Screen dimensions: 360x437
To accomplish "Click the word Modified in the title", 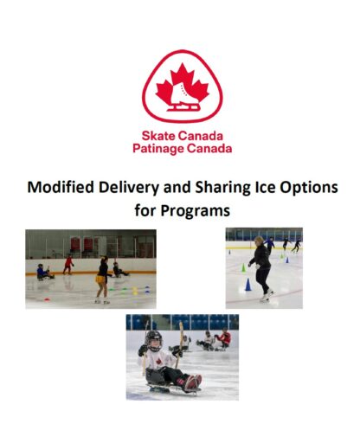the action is [x=61, y=188].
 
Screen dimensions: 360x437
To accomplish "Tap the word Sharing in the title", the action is [x=222, y=189].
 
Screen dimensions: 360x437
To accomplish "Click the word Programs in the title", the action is [x=196, y=211].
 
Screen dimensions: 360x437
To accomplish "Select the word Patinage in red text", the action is [x=158, y=149].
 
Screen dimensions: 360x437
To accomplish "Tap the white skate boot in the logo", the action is [x=183, y=95].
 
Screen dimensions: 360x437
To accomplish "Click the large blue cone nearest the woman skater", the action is [x=247, y=285].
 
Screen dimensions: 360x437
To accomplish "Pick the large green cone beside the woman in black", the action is [x=244, y=268].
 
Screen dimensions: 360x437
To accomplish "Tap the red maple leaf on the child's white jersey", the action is [x=158, y=361].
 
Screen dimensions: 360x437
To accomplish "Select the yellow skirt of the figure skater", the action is [x=100, y=280].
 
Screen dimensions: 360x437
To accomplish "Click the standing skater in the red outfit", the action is [x=68, y=265].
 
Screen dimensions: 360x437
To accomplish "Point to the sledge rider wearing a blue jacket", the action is [x=44, y=272].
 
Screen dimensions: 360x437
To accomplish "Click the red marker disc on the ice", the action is [x=47, y=299].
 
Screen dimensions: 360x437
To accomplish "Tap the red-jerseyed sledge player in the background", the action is [x=224, y=339].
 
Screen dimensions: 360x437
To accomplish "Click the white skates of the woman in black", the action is [x=267, y=296].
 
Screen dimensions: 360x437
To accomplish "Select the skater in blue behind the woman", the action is [x=269, y=245].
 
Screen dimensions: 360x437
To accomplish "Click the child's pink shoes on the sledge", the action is [x=192, y=382].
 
